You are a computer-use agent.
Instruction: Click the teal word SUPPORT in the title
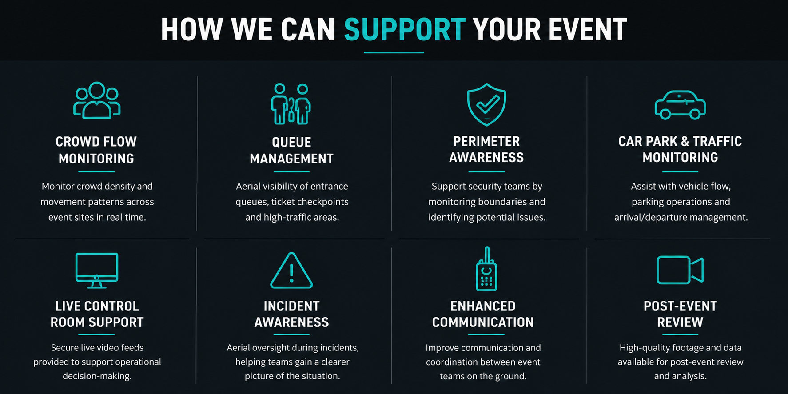pos(405,29)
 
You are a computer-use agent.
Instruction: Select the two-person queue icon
pos(291,104)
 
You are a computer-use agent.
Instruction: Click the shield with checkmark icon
pos(486,105)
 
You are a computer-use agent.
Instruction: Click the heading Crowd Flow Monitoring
pos(96,150)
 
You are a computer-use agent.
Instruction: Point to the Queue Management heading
pos(291,151)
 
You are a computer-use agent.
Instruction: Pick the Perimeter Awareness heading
pos(486,149)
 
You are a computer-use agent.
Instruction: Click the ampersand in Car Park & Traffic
pos(685,141)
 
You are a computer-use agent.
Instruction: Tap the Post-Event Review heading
pos(680,314)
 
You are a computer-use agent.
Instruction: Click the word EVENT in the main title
pos(588,29)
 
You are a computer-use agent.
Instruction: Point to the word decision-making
pos(97,376)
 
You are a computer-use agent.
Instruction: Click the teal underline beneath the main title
pos(394,52)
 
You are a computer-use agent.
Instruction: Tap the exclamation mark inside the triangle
pos(291,273)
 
